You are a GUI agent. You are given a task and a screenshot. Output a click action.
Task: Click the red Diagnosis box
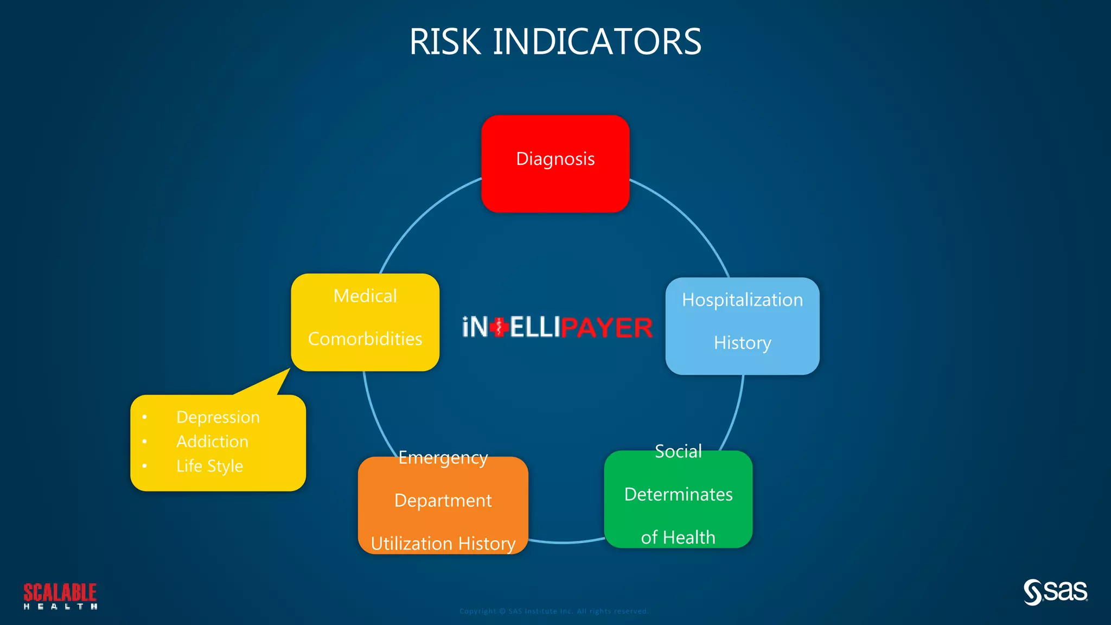[x=555, y=163]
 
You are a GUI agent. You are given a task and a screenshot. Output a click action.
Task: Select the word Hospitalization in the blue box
[x=742, y=300]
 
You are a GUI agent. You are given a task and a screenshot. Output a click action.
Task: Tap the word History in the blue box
[x=742, y=343]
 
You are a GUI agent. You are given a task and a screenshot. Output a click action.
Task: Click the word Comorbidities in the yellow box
[x=365, y=339]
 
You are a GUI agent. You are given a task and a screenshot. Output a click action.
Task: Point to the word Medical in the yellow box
[x=365, y=296]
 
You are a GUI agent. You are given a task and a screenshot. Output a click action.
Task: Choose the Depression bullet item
[x=218, y=417]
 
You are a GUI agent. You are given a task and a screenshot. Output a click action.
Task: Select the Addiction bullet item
[x=212, y=442]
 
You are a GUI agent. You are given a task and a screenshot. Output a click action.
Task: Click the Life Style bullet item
[x=209, y=466]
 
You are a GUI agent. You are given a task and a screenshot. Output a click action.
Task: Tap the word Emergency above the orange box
[x=443, y=458]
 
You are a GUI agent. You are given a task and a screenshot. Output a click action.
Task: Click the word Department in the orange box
[x=443, y=500]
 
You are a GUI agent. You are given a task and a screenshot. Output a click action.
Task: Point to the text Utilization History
[x=443, y=543]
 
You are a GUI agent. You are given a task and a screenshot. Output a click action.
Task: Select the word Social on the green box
[x=678, y=451]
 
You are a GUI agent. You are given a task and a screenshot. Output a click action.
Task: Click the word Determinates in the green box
[x=678, y=494]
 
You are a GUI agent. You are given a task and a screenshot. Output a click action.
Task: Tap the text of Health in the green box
[x=678, y=537]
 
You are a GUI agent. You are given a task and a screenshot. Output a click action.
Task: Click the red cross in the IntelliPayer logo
[x=499, y=327]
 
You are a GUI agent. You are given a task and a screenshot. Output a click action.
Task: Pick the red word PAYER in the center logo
[x=606, y=328]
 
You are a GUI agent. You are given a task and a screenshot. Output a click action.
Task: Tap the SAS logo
[x=1056, y=592]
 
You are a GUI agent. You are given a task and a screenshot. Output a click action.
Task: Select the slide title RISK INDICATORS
[x=555, y=42]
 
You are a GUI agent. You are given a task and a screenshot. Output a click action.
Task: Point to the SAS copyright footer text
[x=554, y=611]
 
